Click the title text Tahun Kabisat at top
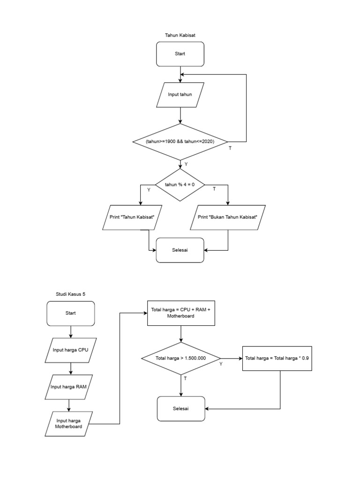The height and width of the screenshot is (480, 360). [x=180, y=35]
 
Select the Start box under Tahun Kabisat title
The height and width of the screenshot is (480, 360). [x=180, y=54]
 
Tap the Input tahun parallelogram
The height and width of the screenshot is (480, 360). [x=180, y=95]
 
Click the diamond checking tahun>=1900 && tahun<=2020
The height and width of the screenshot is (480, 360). [x=180, y=142]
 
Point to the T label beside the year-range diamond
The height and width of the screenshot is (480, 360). [x=230, y=148]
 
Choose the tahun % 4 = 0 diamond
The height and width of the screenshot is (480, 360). [x=180, y=185]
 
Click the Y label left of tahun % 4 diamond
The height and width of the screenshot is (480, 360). [x=149, y=190]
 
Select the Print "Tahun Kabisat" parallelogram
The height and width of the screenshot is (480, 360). [x=132, y=217]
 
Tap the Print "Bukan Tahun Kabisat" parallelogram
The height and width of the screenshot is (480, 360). [x=228, y=217]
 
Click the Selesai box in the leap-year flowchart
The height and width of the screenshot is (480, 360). [x=180, y=250]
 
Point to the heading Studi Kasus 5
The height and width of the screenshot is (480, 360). [x=70, y=294]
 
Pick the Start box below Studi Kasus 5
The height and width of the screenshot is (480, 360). [x=70, y=313]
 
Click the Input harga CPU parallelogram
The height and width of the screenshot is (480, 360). [x=70, y=350]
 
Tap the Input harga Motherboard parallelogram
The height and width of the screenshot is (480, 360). [x=69, y=424]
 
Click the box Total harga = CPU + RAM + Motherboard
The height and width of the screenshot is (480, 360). [x=181, y=313]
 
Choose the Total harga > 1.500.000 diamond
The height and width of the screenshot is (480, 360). [x=181, y=359]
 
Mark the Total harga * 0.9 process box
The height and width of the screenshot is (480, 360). [x=277, y=359]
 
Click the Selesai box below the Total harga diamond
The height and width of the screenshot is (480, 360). [x=181, y=408]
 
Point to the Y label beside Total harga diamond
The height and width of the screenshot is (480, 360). [x=221, y=364]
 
